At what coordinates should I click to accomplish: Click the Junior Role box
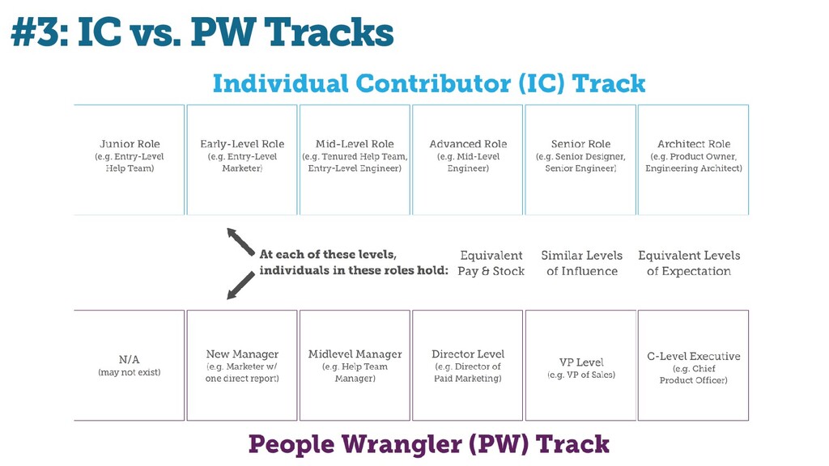click(x=129, y=159)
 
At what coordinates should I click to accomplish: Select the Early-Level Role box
click(x=242, y=159)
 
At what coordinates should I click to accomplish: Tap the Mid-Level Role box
click(x=355, y=159)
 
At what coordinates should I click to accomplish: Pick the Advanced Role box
click(x=467, y=159)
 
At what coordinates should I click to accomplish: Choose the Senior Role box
click(x=580, y=159)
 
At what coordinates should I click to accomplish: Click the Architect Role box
click(x=693, y=159)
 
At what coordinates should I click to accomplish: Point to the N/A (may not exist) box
click(x=129, y=366)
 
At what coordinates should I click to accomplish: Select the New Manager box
click(x=242, y=366)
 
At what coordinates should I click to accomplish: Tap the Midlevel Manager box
click(x=355, y=366)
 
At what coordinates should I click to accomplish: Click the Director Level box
click(x=467, y=366)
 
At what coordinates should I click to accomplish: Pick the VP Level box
click(x=580, y=366)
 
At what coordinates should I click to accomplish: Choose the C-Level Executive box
click(x=693, y=366)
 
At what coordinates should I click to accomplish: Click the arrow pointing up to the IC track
click(x=240, y=241)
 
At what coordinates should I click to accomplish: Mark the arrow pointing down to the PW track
click(x=240, y=286)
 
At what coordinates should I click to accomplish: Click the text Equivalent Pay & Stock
click(x=491, y=263)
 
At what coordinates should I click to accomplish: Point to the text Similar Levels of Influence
click(x=581, y=263)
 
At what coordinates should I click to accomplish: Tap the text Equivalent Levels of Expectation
click(x=689, y=263)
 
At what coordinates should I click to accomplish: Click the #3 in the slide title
click(x=34, y=32)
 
